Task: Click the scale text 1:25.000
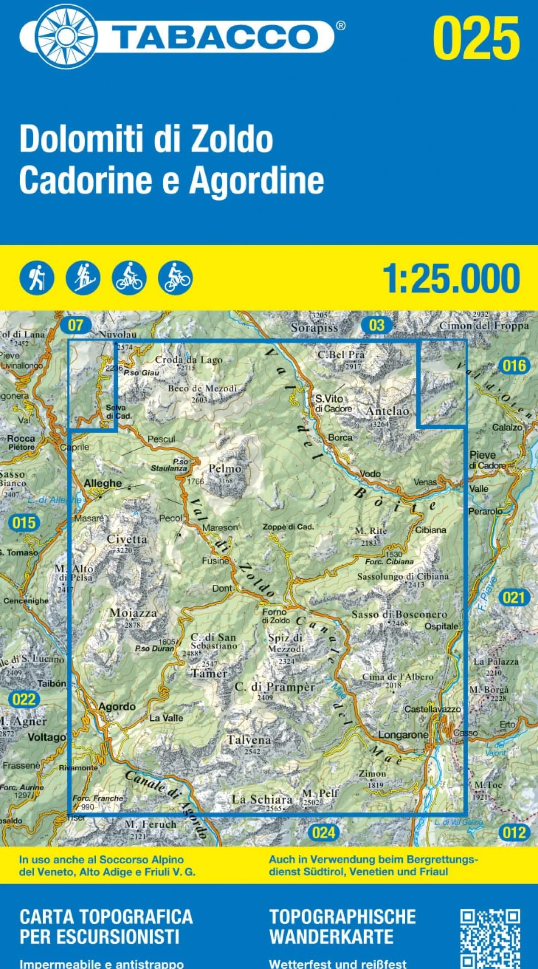tap(451, 279)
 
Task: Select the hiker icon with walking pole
tap(37, 278)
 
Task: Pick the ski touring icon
tap(83, 278)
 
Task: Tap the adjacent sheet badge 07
tap(76, 325)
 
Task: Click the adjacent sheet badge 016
tap(515, 366)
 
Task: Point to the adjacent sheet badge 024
tap(323, 833)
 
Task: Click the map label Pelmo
tap(225, 469)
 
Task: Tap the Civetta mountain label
tap(127, 539)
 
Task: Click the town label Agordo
tap(117, 706)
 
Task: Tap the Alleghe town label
tap(103, 483)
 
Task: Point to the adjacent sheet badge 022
tap(23, 699)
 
